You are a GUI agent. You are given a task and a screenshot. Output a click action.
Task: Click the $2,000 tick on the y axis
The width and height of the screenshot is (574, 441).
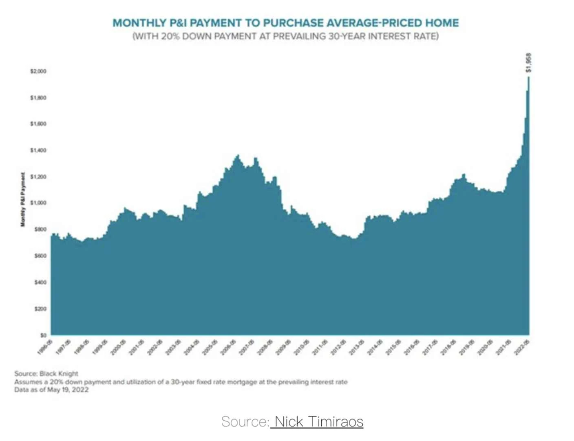pyautogui.click(x=38, y=71)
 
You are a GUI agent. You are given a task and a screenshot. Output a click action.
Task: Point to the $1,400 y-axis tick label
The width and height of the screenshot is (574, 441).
pyautogui.click(x=38, y=150)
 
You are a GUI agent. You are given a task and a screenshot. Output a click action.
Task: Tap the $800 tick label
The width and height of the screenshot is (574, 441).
pyautogui.click(x=40, y=229)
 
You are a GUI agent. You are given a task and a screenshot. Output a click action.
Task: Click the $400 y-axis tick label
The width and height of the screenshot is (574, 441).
pyautogui.click(x=40, y=282)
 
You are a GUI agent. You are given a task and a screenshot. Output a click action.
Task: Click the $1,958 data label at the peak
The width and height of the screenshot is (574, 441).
pyautogui.click(x=528, y=63)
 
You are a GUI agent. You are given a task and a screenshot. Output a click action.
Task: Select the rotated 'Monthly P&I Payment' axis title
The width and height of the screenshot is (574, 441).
pyautogui.click(x=23, y=199)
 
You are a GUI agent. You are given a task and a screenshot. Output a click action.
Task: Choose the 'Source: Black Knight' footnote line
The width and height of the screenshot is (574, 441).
pyautogui.click(x=46, y=373)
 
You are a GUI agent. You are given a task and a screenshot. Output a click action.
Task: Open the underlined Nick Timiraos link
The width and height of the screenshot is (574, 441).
pyautogui.click(x=319, y=421)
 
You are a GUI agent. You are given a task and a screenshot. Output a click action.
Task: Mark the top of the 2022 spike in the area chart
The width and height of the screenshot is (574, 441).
pyautogui.click(x=528, y=77)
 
